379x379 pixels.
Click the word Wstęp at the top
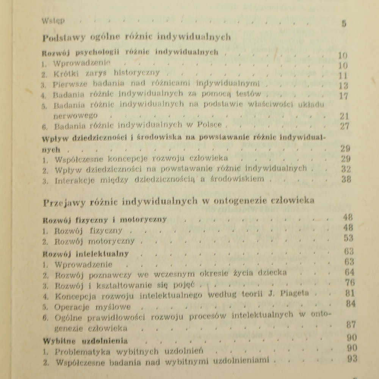pos(53,21)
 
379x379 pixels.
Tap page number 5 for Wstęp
pos(344,23)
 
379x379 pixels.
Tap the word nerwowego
pos(76,115)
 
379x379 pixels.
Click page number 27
pos(345,126)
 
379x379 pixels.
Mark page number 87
pos(351,324)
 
